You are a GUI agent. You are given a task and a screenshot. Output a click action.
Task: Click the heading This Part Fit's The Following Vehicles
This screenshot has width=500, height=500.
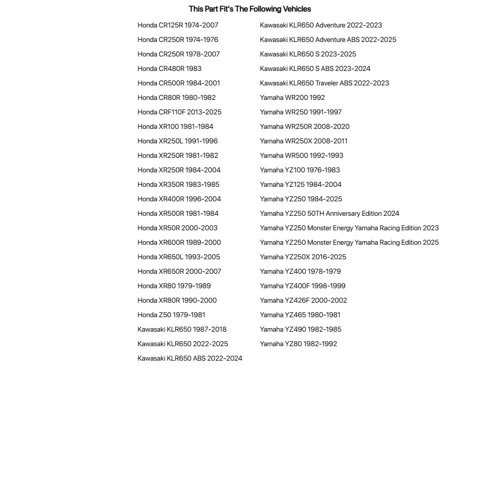[x=250, y=9]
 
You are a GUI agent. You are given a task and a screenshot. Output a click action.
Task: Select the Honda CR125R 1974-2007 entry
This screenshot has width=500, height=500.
[x=178, y=25]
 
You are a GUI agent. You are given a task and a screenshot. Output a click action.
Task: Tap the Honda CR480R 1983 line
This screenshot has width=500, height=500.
[x=169, y=68]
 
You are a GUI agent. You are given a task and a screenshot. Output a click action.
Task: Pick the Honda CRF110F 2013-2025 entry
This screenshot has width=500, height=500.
[x=179, y=112]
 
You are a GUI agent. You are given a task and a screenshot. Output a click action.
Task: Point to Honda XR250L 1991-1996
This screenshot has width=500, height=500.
[x=177, y=141]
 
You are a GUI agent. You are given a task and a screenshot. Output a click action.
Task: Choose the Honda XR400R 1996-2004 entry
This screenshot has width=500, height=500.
[x=179, y=199]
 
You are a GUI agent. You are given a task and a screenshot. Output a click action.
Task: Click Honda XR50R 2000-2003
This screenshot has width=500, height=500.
[x=177, y=228]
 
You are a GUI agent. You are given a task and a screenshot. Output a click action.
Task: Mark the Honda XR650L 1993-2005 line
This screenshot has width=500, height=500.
[x=178, y=257]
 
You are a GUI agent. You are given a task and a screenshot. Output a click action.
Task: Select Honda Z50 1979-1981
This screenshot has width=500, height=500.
[x=171, y=315]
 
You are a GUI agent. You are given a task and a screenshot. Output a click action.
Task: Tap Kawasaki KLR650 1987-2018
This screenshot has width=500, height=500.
[x=182, y=329]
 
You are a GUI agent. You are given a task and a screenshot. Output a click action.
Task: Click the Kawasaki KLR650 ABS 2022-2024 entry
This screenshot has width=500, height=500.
[x=190, y=358]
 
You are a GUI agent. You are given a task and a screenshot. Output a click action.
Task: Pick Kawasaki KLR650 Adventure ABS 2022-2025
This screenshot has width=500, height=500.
[x=328, y=39]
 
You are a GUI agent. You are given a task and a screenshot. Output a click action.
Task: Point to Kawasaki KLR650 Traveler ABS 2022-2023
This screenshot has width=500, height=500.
[x=324, y=83]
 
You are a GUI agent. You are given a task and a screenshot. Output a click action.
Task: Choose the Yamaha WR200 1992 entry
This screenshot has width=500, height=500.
[x=292, y=97]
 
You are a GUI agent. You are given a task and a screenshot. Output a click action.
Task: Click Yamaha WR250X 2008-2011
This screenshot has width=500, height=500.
[x=304, y=141]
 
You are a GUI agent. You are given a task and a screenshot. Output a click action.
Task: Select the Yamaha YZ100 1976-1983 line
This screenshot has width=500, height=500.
[x=300, y=170]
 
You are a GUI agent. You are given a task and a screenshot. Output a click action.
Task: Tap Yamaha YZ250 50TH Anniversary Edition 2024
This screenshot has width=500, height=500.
[x=329, y=213]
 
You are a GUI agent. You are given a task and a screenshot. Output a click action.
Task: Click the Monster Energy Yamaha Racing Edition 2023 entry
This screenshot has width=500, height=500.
[x=349, y=228]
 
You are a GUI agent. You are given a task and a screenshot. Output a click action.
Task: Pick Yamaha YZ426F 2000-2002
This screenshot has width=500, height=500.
[x=303, y=300]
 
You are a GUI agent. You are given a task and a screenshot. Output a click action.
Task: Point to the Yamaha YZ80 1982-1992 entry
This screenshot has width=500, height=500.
[x=298, y=344]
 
